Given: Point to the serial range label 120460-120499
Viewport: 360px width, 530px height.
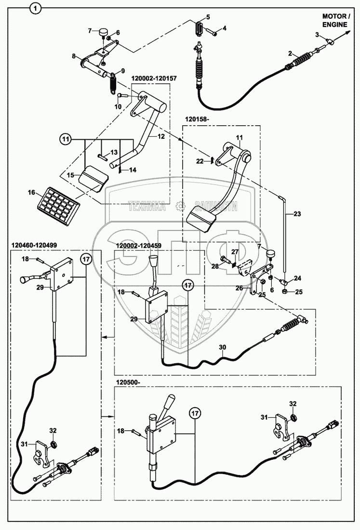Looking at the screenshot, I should [x=33, y=245].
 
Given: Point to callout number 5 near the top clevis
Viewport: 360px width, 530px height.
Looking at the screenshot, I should [x=208, y=17].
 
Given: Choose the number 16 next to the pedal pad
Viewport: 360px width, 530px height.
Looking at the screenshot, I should [x=32, y=193].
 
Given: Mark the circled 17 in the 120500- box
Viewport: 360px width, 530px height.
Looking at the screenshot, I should [x=195, y=413].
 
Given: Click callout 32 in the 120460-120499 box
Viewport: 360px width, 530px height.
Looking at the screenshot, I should [x=53, y=430].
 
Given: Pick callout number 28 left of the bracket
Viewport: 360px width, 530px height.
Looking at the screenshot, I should [x=215, y=266].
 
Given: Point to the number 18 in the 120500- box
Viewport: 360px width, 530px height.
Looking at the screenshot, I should [x=120, y=430].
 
